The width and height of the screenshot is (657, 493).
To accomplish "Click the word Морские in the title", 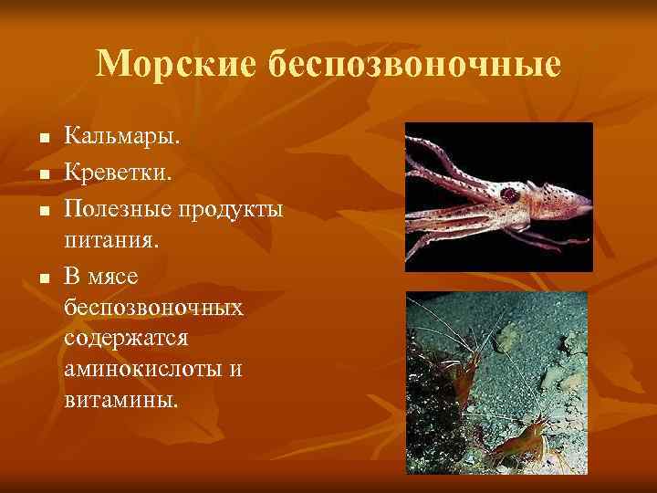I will pyautogui.click(x=176, y=63).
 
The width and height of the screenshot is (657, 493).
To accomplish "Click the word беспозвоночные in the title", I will pyautogui.click(x=414, y=63).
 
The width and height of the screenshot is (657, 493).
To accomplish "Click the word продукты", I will pyautogui.click(x=232, y=210).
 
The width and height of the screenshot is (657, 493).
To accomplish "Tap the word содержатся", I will pyautogui.click(x=126, y=339).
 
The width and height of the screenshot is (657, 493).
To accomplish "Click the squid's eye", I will pyautogui.click(x=508, y=194).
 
